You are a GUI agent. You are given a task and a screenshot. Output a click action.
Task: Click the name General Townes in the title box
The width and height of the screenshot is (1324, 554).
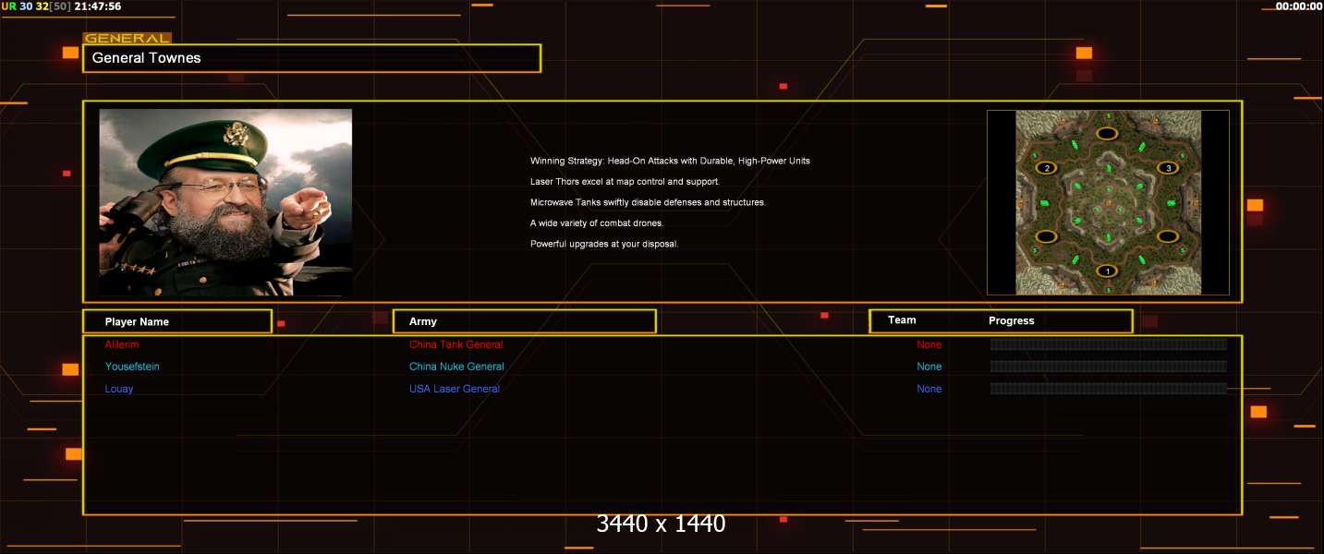click(x=146, y=58)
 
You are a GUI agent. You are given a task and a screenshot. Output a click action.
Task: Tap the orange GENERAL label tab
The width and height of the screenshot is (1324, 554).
click(x=128, y=39)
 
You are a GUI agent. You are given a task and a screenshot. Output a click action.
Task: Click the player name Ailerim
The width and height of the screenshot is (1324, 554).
click(x=122, y=344)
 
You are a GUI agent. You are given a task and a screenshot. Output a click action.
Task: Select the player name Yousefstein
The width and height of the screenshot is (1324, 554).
click(x=132, y=367)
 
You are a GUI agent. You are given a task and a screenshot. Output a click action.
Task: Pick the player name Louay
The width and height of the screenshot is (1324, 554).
click(x=119, y=389)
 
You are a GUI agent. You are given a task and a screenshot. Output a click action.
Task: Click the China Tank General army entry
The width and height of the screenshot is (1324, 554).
click(x=456, y=344)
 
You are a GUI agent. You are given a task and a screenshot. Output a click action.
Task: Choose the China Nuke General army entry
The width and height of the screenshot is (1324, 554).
click(x=456, y=367)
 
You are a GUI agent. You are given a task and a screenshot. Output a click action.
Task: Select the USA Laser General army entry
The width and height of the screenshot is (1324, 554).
click(x=454, y=389)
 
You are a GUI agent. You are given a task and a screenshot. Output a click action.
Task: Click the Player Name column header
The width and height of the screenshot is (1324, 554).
click(x=137, y=322)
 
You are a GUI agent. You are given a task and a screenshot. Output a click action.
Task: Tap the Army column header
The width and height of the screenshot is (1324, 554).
click(x=422, y=321)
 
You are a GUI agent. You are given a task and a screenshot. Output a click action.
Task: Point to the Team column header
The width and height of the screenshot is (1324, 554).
click(x=902, y=320)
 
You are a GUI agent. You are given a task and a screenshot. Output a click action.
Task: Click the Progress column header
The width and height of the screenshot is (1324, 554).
click(x=1012, y=320)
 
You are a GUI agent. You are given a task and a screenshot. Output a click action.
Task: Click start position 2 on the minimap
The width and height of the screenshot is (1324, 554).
click(x=1046, y=168)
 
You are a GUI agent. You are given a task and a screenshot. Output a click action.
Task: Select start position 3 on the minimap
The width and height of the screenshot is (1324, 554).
click(x=1168, y=168)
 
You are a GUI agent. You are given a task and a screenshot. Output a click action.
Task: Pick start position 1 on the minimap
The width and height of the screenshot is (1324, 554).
click(x=1107, y=271)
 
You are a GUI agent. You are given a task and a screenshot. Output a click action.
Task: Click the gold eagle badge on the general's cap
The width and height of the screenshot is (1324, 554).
click(x=236, y=134)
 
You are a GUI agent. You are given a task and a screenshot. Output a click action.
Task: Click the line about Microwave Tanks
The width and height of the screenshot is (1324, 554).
click(x=648, y=202)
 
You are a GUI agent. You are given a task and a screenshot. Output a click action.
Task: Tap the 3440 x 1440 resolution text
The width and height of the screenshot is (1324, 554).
click(x=661, y=524)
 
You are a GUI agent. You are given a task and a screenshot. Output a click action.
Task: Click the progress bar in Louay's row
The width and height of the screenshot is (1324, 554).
click(x=1108, y=389)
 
